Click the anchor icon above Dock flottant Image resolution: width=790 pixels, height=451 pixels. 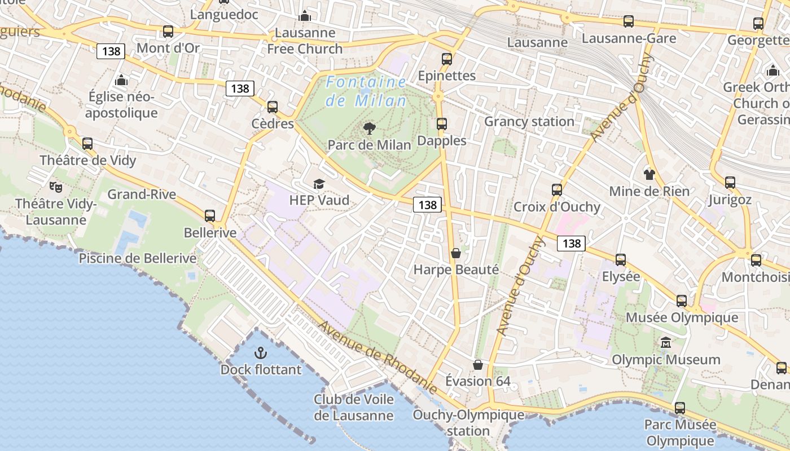pos(260,353)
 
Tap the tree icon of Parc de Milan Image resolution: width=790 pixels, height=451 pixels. pos(370,128)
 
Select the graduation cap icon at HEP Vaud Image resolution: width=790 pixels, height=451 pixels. pos(319,184)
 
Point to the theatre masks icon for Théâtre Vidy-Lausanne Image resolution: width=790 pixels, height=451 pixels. pos(55,186)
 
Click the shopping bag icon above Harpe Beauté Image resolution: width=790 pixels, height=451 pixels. pos(456,253)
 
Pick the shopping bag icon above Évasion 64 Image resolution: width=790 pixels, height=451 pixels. pos(478,365)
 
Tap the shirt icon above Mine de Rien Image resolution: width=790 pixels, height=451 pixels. pos(649,174)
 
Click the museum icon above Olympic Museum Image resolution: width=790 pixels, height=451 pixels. pos(666,343)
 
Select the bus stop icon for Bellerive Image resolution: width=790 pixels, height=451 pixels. pos(210,215)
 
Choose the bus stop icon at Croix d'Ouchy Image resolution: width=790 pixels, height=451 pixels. pos(557,190)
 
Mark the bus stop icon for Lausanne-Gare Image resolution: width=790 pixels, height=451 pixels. pos(629,21)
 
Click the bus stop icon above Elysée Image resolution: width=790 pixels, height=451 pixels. pos(621,260)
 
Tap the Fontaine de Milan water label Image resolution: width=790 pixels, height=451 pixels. pos(366,91)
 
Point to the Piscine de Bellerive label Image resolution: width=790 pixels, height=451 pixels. pos(138,258)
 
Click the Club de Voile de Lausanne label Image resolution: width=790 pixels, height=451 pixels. pos(354,408)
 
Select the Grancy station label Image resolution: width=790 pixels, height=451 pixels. pos(529,121)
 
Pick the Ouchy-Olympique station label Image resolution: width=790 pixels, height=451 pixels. pos(468,423)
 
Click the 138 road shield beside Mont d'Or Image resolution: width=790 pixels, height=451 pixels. pos(111,51)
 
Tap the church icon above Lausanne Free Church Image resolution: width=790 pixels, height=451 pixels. pos(305,16)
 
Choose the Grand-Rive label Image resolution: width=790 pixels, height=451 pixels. pos(142,194)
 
